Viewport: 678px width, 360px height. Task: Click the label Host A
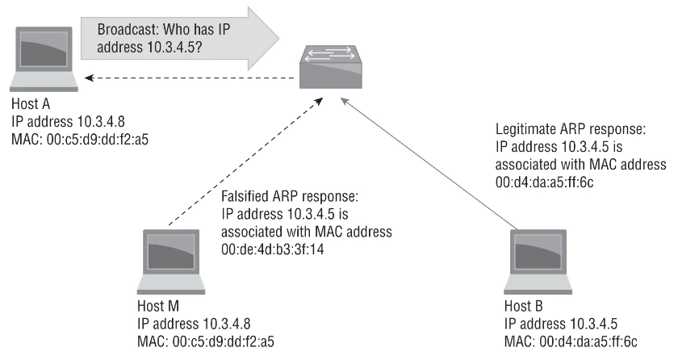click(30, 105)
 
